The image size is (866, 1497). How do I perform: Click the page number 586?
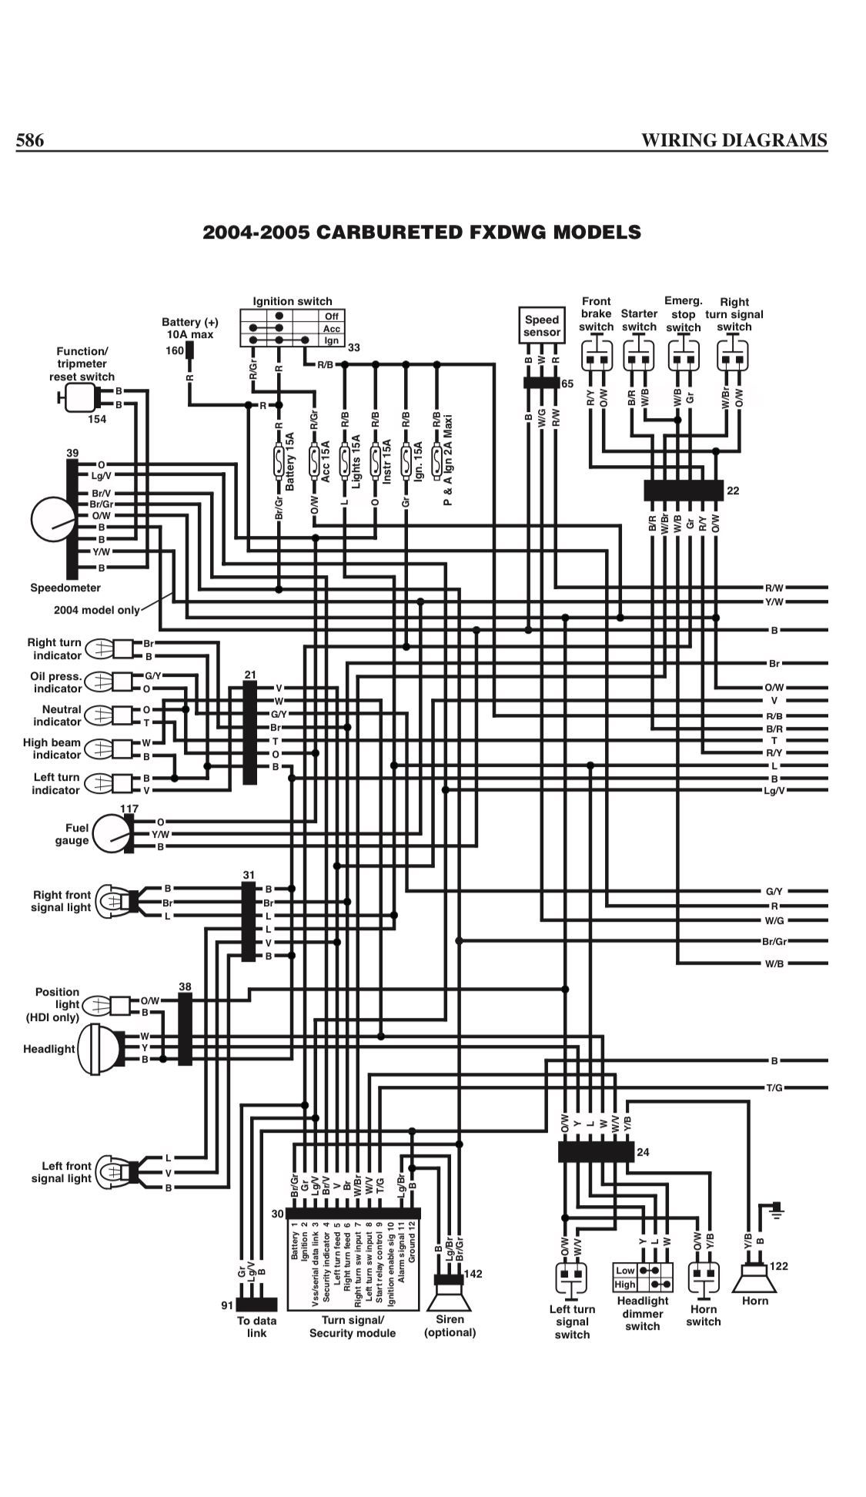[30, 140]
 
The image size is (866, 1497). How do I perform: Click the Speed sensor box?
[542, 326]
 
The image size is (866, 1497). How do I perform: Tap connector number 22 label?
[733, 491]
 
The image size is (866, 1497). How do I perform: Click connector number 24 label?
[644, 1152]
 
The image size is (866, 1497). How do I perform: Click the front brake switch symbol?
[597, 358]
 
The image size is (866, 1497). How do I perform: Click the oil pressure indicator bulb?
[99, 682]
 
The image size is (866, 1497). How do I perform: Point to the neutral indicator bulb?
[99, 715]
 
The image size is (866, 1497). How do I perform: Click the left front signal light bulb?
[113, 1173]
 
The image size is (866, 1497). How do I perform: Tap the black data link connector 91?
[256, 1304]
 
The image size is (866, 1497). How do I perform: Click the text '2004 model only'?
[97, 610]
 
